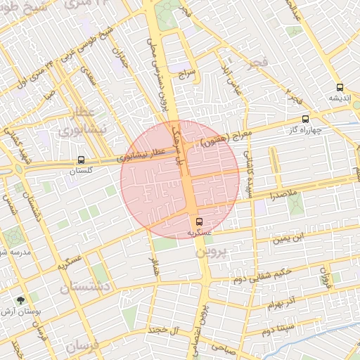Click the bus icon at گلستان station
coord(82,160)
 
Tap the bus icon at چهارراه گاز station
coord(304,119)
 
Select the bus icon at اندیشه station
coord(340,88)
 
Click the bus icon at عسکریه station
coord(198,221)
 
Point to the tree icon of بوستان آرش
coord(20,300)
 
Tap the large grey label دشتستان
coord(85,288)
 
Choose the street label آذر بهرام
coord(281,304)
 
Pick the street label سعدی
coord(88,78)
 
